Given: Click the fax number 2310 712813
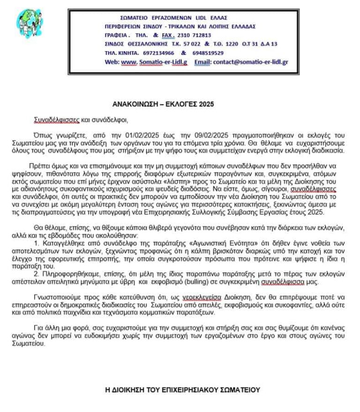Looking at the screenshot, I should point(193,35).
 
